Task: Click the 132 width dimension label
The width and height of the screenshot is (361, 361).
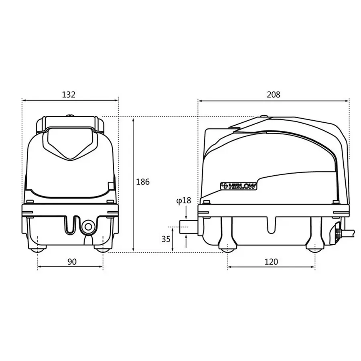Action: click(x=69, y=95)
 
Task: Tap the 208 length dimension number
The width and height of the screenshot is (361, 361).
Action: click(x=274, y=95)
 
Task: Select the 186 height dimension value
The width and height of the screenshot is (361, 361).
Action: click(x=143, y=182)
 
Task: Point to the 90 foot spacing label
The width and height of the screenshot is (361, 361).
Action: click(x=72, y=262)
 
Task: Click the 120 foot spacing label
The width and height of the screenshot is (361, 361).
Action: click(x=271, y=262)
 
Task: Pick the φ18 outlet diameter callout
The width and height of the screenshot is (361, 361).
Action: click(x=184, y=201)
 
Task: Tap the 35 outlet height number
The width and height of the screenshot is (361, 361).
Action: click(x=166, y=239)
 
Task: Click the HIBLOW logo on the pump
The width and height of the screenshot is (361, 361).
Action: click(x=238, y=186)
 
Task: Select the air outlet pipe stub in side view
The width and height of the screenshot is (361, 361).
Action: click(x=189, y=227)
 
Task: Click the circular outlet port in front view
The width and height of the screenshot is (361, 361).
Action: click(x=88, y=227)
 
